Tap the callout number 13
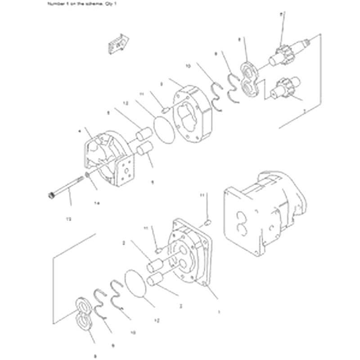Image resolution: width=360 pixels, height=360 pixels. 68,219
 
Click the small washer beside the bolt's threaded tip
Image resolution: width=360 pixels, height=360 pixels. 86,175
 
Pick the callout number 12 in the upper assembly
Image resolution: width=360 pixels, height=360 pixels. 126,103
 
